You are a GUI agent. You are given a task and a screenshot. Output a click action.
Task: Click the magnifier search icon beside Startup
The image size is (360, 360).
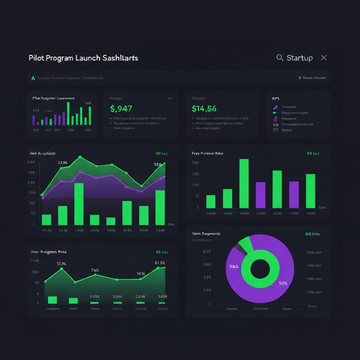[280, 58]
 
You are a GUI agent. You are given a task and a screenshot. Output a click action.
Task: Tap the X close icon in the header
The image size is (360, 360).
[324, 58]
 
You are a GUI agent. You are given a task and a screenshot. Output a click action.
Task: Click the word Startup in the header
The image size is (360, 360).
[300, 58]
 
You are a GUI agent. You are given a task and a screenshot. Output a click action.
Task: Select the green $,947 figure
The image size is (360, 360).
[121, 109]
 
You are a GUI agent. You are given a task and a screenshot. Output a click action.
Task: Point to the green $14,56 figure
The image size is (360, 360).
[204, 109]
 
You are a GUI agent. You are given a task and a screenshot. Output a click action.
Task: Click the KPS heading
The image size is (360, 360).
[275, 99]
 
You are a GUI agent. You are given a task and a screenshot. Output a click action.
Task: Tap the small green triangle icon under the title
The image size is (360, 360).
[33, 78]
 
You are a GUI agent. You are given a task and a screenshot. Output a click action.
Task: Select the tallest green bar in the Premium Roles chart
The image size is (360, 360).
[244, 183]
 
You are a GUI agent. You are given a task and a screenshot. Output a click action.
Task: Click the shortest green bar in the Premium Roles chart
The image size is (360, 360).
[211, 201]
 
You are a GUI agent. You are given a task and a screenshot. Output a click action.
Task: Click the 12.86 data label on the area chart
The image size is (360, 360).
[62, 163]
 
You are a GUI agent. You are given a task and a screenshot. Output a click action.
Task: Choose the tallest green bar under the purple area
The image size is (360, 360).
[79, 204]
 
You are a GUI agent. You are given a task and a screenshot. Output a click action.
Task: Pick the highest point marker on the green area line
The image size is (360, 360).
[80, 157]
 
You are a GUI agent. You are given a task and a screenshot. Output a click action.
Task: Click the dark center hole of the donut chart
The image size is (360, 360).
[260, 269]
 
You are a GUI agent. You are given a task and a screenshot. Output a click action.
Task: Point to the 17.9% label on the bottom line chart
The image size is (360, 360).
[62, 263]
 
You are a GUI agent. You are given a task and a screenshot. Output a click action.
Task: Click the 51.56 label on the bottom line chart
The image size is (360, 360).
[160, 263]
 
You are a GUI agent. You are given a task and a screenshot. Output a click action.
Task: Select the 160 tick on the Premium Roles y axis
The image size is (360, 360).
[195, 163]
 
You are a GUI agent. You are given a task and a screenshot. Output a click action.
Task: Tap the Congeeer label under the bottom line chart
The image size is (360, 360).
[53, 309]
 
